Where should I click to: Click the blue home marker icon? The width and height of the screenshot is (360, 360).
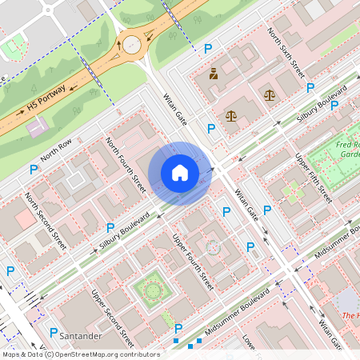pos(180,172)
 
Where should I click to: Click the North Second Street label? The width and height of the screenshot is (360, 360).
pos(46,214)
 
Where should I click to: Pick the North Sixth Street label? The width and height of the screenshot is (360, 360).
pos(286,53)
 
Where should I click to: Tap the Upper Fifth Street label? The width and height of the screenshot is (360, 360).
pos(314,178)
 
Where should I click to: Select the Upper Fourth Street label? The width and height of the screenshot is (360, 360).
pos(194,261)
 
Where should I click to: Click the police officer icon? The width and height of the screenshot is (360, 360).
pos(214,75)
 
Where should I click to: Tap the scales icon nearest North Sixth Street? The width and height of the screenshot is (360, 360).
pos(269,94)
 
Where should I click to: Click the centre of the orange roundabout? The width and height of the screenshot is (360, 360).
pos(131,45)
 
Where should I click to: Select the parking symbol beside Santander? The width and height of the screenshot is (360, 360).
pos(54,332)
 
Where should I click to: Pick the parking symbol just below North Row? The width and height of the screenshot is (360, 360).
pos(34,170)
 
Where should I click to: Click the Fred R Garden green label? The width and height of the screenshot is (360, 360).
pos(349,149)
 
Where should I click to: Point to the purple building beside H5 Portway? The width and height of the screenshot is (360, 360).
pos(36,126)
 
